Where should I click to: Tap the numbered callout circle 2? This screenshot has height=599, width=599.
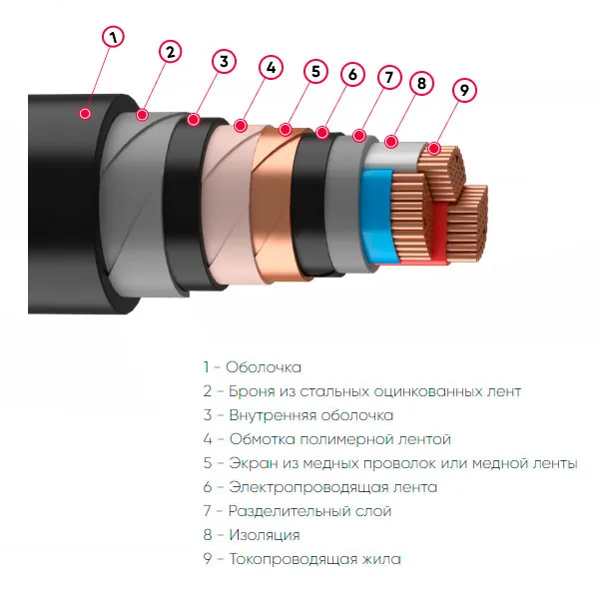(171, 51)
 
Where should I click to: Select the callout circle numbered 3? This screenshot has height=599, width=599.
(224, 61)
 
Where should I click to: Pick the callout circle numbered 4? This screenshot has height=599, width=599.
(270, 68)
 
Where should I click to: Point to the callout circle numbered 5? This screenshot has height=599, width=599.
(314, 71)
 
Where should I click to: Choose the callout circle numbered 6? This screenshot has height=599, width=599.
(350, 74)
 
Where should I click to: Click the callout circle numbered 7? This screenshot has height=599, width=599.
(389, 76)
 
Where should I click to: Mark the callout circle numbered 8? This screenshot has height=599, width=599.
(421, 83)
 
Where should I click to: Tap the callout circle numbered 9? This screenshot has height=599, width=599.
(462, 90)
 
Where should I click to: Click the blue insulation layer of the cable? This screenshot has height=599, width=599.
(377, 215)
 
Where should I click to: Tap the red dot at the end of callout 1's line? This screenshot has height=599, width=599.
(86, 114)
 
